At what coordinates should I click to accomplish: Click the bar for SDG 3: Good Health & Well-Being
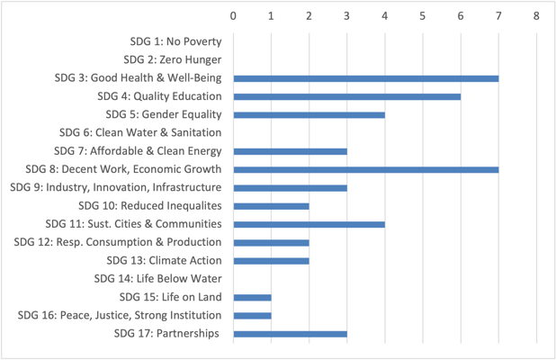pyautogui.click(x=365, y=78)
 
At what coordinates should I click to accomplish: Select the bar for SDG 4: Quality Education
pyautogui.click(x=346, y=96)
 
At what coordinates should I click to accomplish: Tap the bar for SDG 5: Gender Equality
pyautogui.click(x=309, y=114)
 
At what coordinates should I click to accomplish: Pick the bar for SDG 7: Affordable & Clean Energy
pyautogui.click(x=290, y=151)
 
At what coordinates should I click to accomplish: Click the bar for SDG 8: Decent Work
pyautogui.click(x=365, y=169)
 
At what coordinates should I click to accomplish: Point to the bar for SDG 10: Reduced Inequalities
pyautogui.click(x=271, y=206)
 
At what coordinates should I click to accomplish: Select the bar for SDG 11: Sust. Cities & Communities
pyautogui.click(x=309, y=224)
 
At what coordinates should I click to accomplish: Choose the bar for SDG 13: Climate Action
pyautogui.click(x=271, y=261)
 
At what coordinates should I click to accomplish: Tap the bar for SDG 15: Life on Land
pyautogui.click(x=252, y=297)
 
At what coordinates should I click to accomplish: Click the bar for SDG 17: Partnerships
pyautogui.click(x=290, y=334)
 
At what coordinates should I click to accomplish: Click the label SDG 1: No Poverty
pyautogui.click(x=175, y=41)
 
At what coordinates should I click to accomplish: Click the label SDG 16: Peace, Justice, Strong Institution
pyautogui.click(x=120, y=315)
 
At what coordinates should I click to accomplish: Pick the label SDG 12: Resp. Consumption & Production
pyautogui.click(x=118, y=242)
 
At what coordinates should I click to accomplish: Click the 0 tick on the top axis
pyautogui.click(x=233, y=15)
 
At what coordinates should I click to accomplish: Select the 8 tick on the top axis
pyautogui.click(x=536, y=15)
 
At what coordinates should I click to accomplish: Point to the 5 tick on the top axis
pyautogui.click(x=423, y=15)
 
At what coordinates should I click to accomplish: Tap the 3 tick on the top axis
pyautogui.click(x=346, y=15)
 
